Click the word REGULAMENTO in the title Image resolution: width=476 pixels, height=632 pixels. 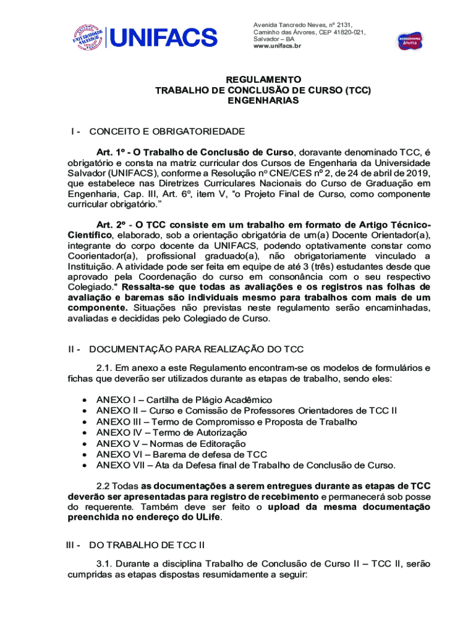tap(263, 80)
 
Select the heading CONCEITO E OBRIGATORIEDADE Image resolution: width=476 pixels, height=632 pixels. tap(167, 131)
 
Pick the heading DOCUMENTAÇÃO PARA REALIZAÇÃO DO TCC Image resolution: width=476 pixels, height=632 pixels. tap(197, 350)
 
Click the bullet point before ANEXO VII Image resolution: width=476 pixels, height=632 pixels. tap(84, 465)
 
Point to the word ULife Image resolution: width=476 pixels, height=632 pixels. tap(205, 518)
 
